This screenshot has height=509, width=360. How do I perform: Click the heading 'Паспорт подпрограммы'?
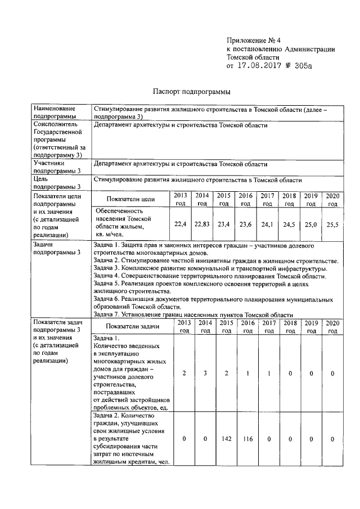click(192, 92)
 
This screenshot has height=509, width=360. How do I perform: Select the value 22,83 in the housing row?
click(201, 224)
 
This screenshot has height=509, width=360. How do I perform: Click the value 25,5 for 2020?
click(332, 224)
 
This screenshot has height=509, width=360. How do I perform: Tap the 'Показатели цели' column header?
click(131, 199)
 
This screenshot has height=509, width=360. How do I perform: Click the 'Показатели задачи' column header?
click(134, 327)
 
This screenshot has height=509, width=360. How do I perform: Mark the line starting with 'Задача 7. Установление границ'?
click(193, 315)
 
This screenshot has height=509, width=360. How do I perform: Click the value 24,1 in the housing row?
click(267, 224)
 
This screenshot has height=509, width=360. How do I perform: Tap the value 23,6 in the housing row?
click(245, 224)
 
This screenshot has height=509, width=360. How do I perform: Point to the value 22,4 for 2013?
click(180, 224)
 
